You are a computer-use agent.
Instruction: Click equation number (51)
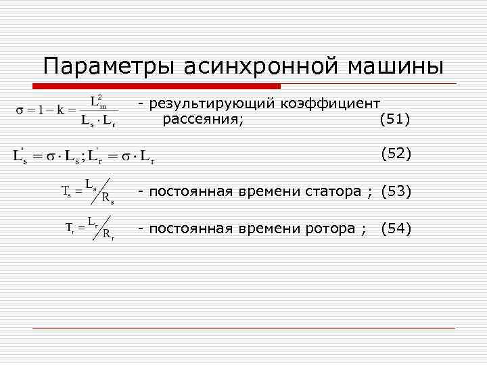tap(396, 120)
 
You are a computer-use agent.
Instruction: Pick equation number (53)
tap(396, 191)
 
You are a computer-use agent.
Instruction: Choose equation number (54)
tap(396, 228)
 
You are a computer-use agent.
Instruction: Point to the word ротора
tap(333, 228)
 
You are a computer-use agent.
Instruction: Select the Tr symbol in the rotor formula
tap(70, 227)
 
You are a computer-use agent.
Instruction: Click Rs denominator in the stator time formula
tap(108, 198)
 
